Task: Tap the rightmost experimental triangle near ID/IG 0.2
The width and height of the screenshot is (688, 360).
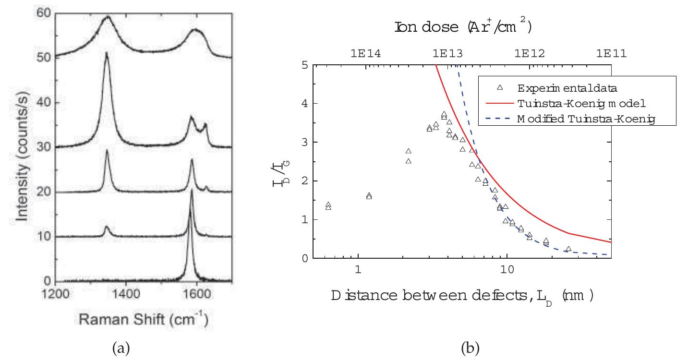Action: pyautogui.click(x=568, y=249)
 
